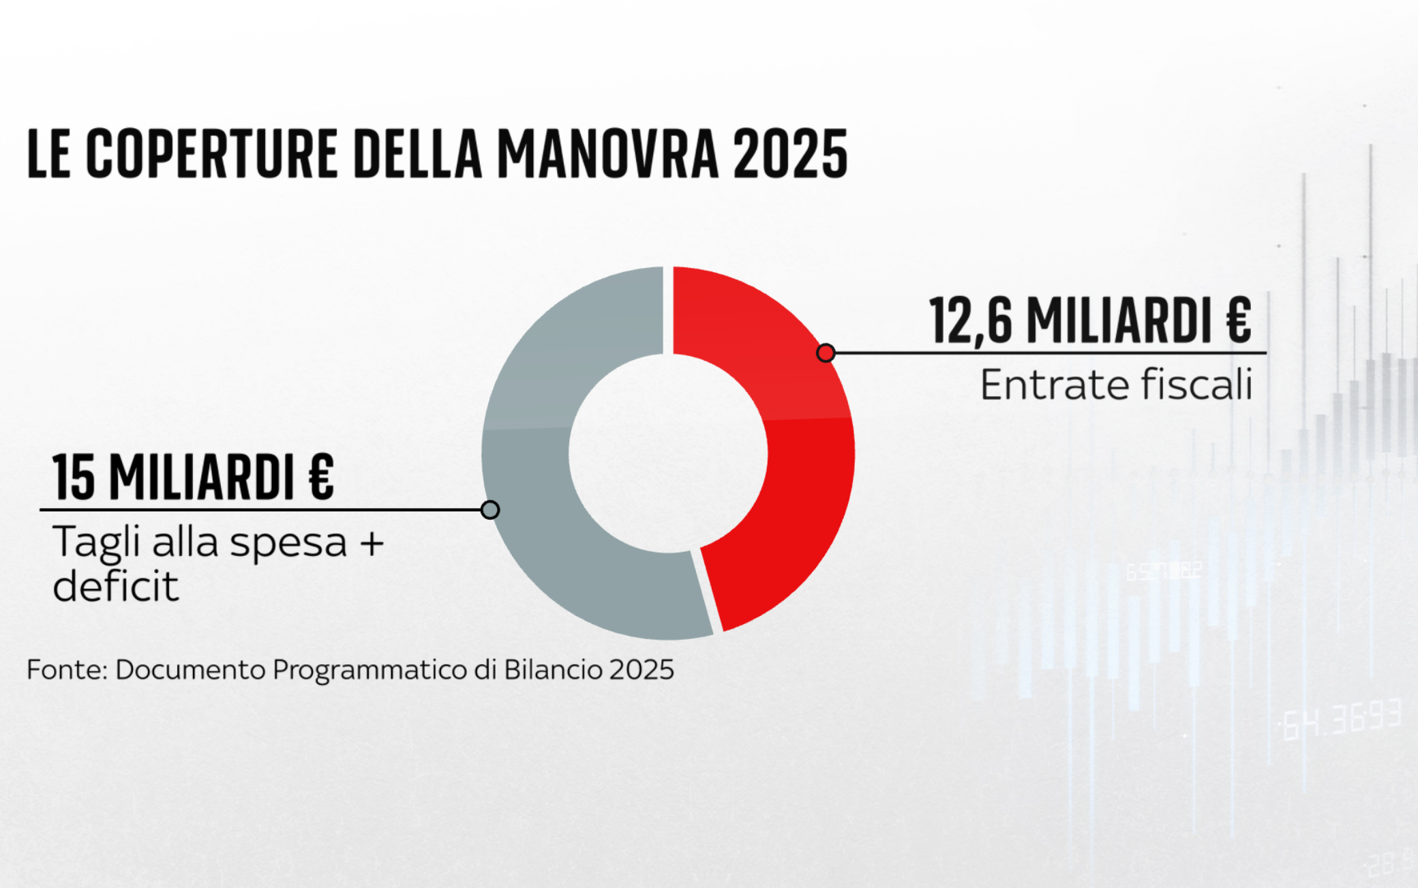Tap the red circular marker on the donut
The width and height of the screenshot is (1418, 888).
tap(826, 353)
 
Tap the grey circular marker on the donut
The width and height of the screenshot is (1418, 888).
tap(489, 509)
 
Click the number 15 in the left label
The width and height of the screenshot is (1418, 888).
tap(74, 477)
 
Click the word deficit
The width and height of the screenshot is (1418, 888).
tap(116, 587)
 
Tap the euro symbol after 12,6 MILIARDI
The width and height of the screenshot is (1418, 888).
tap(1238, 320)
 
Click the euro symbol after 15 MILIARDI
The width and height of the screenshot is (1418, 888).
tap(320, 477)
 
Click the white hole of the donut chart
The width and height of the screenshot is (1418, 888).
tap(668, 453)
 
